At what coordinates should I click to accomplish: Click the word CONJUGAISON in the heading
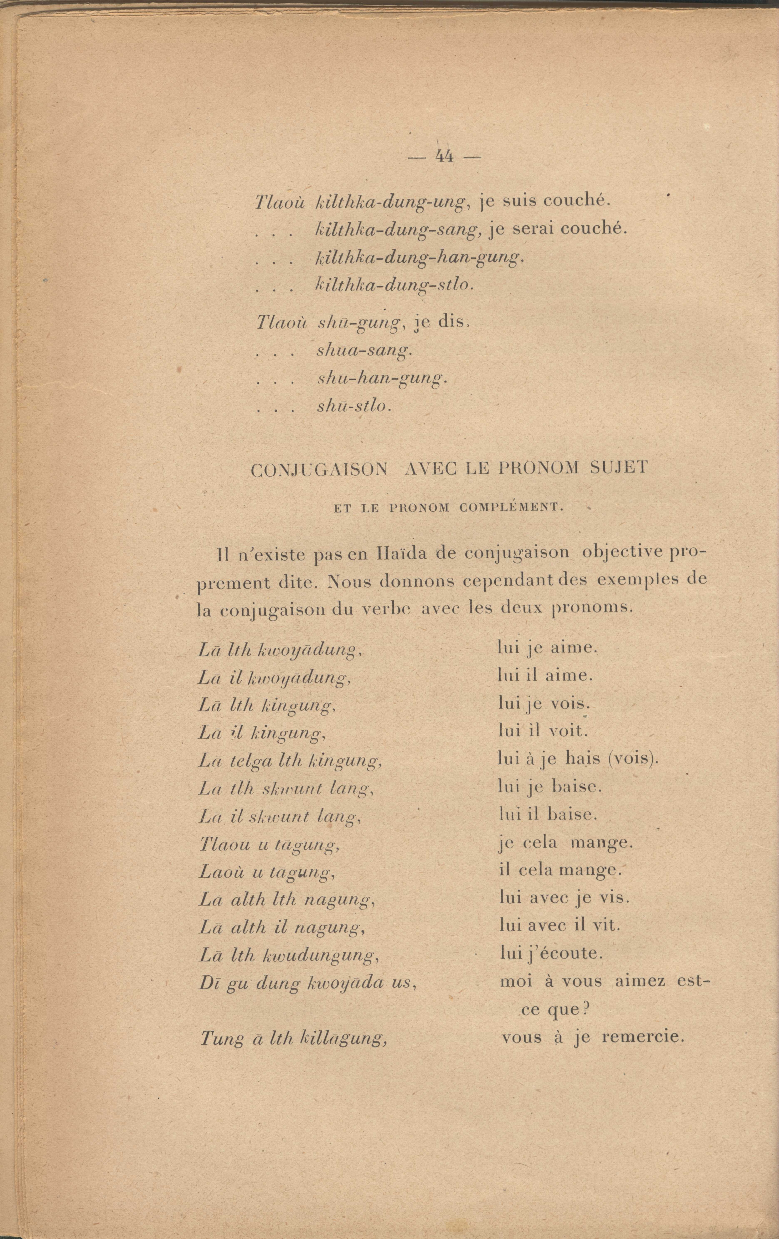[x=319, y=471]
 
